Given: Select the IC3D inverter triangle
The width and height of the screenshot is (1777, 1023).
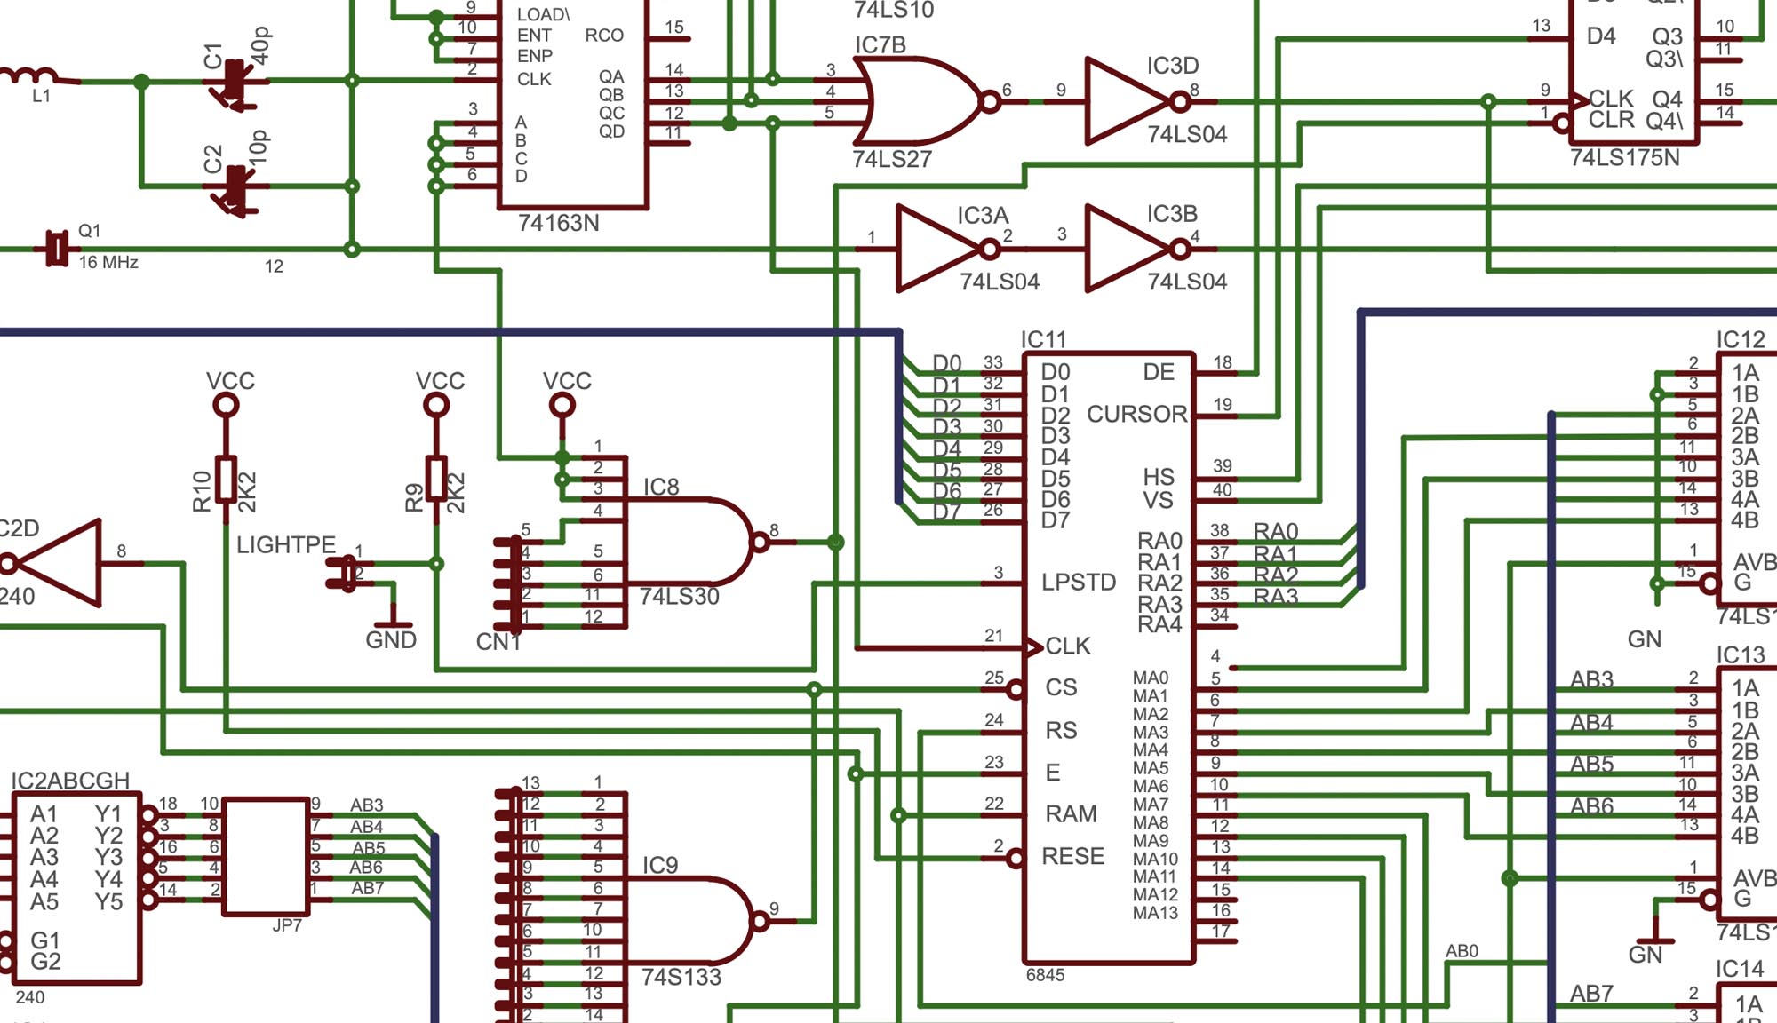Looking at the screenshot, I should point(1124,101).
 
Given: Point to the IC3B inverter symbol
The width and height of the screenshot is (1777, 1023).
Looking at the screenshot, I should point(1124,249).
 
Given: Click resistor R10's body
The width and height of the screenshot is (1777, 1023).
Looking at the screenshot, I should point(227,480).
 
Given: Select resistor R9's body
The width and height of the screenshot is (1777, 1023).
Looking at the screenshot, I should point(436,480).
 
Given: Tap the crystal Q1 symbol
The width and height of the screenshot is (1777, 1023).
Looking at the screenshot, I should point(57,249).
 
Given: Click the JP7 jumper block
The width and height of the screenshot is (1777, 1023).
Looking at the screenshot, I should point(265,856).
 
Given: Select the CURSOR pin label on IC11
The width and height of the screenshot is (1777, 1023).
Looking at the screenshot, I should point(1136,415).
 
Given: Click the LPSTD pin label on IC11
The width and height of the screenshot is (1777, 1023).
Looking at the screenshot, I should point(1078,583).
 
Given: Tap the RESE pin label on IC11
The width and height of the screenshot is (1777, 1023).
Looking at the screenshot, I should point(1072,857).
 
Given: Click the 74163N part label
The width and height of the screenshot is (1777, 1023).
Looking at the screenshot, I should point(558,223).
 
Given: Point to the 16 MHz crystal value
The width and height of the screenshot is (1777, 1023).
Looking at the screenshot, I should point(108,263).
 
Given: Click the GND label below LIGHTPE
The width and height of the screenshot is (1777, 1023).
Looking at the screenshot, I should point(391,640).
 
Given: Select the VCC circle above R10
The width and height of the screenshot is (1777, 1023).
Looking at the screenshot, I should point(227,406).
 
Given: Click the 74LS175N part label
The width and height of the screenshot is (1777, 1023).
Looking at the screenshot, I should point(1624,158).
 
